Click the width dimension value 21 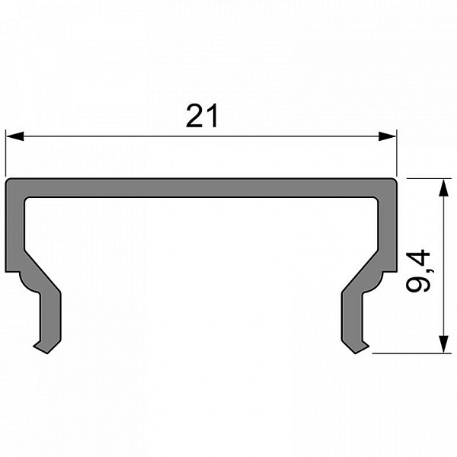point(202,116)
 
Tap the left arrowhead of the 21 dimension point(14,136)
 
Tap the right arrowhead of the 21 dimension point(387,136)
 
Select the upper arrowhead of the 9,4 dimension point(443,188)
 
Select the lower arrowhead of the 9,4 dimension point(443,344)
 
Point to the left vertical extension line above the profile point(5,153)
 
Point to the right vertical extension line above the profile point(396,153)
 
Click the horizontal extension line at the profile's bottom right point(412,353)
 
